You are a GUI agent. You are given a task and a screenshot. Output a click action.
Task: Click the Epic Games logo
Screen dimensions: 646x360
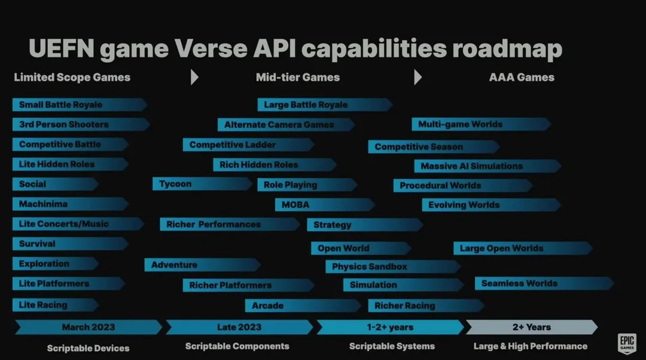(627, 343)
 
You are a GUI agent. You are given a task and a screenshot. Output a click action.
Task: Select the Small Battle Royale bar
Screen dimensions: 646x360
(80, 105)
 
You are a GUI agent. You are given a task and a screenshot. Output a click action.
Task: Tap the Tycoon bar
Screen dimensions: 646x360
(202, 184)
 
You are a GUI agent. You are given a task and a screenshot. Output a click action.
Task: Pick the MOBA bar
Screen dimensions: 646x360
(325, 205)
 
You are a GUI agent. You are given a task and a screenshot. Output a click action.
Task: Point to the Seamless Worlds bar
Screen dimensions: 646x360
(544, 283)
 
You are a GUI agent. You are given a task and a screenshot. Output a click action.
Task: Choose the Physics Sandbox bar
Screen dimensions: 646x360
(392, 267)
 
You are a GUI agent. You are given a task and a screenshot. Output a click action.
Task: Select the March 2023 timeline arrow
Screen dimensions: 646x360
(89, 327)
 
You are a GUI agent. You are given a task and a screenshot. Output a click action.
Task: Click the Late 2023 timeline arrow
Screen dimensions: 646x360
(239, 327)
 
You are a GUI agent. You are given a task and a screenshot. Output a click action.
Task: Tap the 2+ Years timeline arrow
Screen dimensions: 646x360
(532, 327)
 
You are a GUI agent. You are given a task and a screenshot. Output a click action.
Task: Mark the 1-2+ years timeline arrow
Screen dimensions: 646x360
(390, 327)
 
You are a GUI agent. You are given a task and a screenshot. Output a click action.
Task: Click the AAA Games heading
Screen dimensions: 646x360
(522, 77)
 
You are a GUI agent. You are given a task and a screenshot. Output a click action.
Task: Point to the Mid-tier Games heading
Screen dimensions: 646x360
(298, 77)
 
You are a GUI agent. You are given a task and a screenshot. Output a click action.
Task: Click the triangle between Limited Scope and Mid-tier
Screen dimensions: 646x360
(194, 77)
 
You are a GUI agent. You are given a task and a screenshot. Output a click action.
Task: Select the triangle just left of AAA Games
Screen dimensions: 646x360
(418, 77)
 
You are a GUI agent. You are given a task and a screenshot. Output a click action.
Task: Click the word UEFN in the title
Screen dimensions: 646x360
(62, 48)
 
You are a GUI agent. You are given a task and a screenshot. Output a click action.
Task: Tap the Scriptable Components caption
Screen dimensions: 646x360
(237, 346)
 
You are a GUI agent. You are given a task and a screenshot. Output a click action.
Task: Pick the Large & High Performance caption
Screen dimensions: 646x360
(531, 346)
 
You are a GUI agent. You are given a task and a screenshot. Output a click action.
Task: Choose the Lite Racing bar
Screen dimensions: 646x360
(56, 305)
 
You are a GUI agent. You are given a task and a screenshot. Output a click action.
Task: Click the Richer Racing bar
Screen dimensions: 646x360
(426, 306)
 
